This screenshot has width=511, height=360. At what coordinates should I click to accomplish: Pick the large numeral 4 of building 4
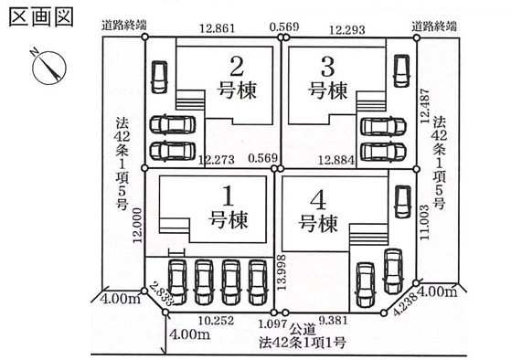click(x=315, y=198)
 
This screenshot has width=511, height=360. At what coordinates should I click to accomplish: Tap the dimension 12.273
click(x=218, y=159)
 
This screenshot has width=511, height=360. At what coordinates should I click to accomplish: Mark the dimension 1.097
click(x=277, y=323)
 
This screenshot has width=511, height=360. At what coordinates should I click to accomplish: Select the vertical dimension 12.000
click(x=138, y=222)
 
